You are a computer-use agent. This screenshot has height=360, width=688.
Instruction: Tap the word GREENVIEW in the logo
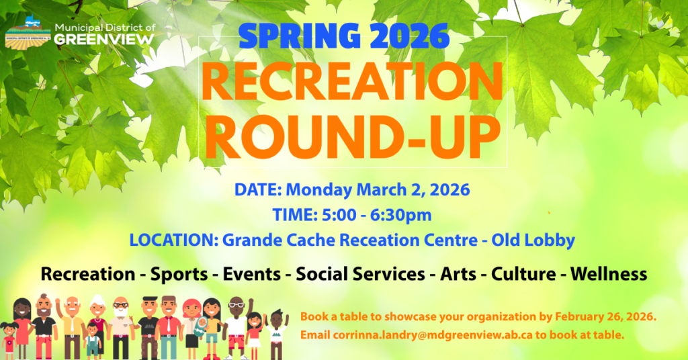pos(104,39)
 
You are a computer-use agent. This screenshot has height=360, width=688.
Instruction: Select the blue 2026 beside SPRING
pos(410,36)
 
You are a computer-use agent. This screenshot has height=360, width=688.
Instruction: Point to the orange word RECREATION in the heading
pos(352,82)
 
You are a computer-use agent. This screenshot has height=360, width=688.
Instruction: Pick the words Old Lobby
pos(533,240)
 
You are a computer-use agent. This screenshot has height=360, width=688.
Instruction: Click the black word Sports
pos(179,275)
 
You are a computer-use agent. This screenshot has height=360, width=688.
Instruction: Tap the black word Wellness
pos(609,274)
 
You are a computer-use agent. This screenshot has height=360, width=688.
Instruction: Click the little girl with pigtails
pos(9,341)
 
